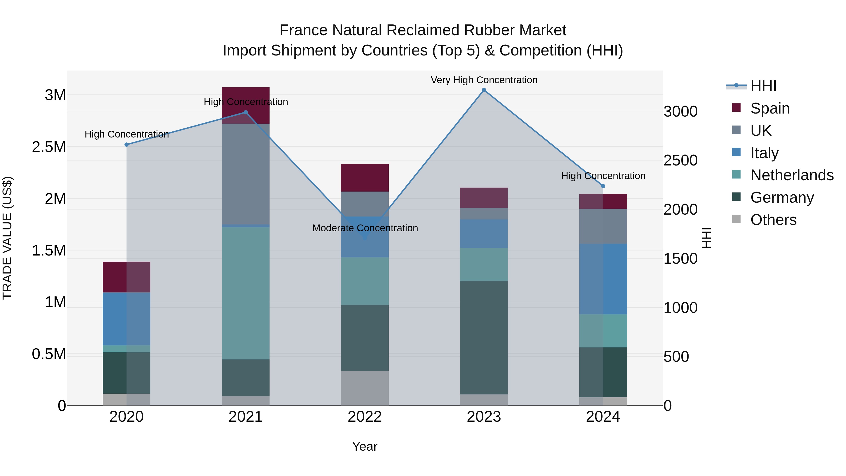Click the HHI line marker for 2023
(484, 90)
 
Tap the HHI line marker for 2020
(126, 145)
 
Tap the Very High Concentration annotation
(484, 80)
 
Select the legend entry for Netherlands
(792, 175)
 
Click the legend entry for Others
(773, 220)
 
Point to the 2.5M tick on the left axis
(49, 147)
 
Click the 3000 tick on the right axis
(680, 111)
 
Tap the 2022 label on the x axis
(364, 417)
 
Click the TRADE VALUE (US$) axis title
(7, 238)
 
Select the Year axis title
(364, 446)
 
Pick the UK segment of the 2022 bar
(364, 204)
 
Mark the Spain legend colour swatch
(736, 108)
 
